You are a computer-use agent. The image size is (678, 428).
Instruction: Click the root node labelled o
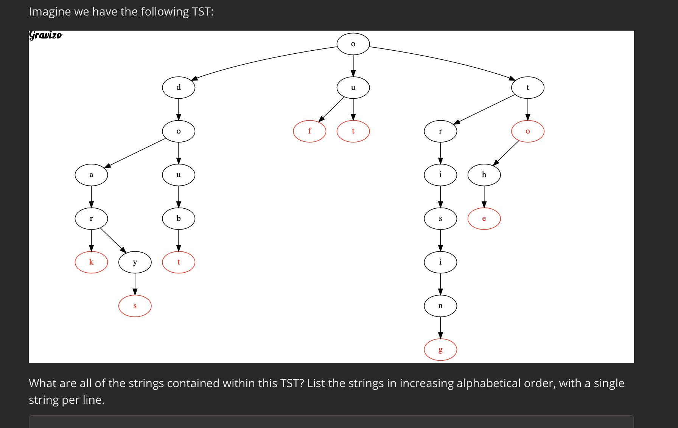(x=353, y=44)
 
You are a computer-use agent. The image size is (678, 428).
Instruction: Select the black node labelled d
(x=179, y=88)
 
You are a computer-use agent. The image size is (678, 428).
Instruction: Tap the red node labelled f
(x=309, y=131)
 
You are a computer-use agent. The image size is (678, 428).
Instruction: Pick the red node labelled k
(x=91, y=262)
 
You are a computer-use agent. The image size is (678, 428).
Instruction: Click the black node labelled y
(x=135, y=262)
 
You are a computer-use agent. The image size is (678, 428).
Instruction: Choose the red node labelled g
(x=440, y=350)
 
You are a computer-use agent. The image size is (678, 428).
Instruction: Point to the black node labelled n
(x=440, y=306)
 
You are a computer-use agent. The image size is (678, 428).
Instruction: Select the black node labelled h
(x=484, y=175)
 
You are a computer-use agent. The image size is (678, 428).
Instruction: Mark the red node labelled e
(x=484, y=219)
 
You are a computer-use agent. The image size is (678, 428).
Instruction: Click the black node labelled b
(x=179, y=219)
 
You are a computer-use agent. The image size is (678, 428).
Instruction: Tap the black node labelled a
(x=91, y=175)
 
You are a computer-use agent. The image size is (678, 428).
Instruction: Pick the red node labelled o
(x=528, y=131)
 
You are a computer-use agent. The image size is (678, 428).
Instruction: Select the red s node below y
(x=135, y=306)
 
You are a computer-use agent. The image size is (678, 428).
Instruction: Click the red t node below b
(x=179, y=262)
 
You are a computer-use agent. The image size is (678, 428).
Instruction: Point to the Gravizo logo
(x=45, y=35)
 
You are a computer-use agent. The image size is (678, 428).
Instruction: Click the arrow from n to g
(x=440, y=327)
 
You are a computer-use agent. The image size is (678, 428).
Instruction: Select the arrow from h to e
(x=484, y=197)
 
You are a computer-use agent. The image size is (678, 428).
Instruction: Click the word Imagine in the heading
(x=50, y=12)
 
